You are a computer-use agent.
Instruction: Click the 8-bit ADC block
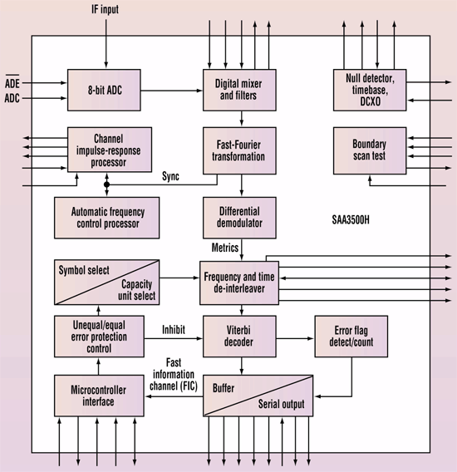click(x=104, y=90)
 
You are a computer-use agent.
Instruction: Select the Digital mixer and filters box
click(x=239, y=90)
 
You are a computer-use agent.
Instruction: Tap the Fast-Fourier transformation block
click(x=239, y=150)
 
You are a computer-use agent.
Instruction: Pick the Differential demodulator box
click(x=239, y=218)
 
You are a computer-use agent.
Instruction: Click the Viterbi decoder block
click(x=239, y=337)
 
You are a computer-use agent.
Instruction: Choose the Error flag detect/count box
click(x=351, y=337)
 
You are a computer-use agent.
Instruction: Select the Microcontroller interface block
click(x=99, y=396)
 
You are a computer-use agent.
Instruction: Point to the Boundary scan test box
click(x=370, y=150)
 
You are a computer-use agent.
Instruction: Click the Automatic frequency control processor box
click(x=107, y=218)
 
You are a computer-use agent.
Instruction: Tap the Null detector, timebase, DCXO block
click(x=370, y=90)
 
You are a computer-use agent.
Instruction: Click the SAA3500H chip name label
click(x=351, y=220)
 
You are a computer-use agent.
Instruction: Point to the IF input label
click(x=105, y=9)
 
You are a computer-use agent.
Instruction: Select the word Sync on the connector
click(x=170, y=176)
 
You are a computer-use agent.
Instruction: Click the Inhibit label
click(x=174, y=330)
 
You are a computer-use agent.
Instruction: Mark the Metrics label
click(x=225, y=248)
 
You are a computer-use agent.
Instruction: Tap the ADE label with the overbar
click(x=12, y=82)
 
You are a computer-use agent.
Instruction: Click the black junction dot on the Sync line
click(x=106, y=184)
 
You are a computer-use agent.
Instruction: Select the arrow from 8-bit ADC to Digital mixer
click(x=172, y=91)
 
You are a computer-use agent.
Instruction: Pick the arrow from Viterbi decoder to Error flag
click(x=295, y=339)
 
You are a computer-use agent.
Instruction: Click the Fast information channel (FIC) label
click(x=174, y=374)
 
